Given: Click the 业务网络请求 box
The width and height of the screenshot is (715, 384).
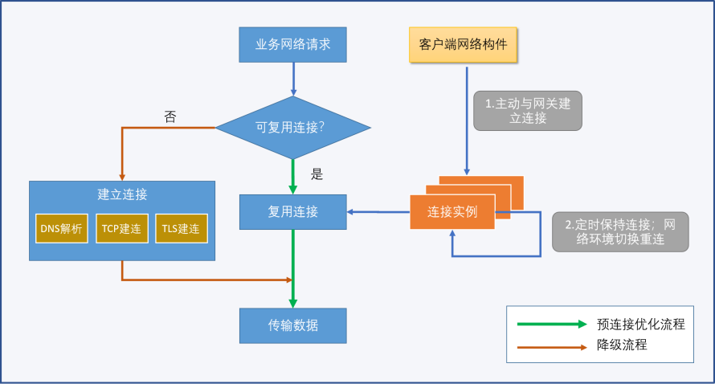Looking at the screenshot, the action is (x=292, y=45).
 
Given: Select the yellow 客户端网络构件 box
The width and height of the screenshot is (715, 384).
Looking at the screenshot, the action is (x=463, y=45).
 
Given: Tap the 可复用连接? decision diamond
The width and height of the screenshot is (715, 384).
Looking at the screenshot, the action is (x=292, y=128).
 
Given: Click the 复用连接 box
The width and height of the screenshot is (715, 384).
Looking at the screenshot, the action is (x=292, y=212).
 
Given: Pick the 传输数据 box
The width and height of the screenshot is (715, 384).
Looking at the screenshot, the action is (x=292, y=325).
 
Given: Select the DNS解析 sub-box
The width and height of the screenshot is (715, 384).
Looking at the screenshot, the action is (x=62, y=228).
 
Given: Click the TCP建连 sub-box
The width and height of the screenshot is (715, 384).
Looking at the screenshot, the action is (x=122, y=228).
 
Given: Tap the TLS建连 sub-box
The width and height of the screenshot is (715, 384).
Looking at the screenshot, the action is (x=182, y=228).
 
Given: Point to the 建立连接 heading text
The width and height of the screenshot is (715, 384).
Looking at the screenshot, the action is (x=122, y=194).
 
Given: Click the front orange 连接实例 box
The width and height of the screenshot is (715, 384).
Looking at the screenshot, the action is (x=452, y=212).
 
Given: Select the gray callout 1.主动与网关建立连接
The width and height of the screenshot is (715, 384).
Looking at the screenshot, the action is (x=528, y=111).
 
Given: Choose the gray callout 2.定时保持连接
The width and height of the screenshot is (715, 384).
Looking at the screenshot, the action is (x=620, y=231).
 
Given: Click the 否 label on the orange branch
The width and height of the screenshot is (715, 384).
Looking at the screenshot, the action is (x=170, y=117).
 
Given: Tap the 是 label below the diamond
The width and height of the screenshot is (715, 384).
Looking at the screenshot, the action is (x=317, y=174).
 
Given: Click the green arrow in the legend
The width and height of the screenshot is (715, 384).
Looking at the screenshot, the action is (x=552, y=325).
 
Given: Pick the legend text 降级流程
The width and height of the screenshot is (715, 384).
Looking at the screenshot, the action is (x=622, y=345).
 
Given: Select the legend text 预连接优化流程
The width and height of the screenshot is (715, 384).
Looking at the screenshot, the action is (x=640, y=325).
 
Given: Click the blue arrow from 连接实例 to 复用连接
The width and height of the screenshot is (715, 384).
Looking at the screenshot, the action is (x=378, y=212).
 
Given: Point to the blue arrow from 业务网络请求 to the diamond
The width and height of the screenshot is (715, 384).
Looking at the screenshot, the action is (x=293, y=80).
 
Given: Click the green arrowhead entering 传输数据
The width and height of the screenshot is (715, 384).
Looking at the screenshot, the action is (x=292, y=304).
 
